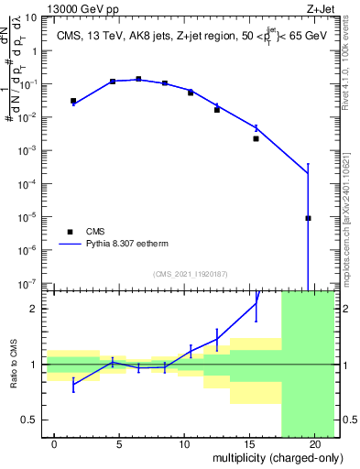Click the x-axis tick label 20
coord(314,444)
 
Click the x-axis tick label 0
coord(55,444)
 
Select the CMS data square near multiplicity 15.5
coord(256,138)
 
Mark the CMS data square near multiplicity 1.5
coord(73,101)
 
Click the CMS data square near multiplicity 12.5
coord(217,109)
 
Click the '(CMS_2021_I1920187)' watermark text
coord(190,274)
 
